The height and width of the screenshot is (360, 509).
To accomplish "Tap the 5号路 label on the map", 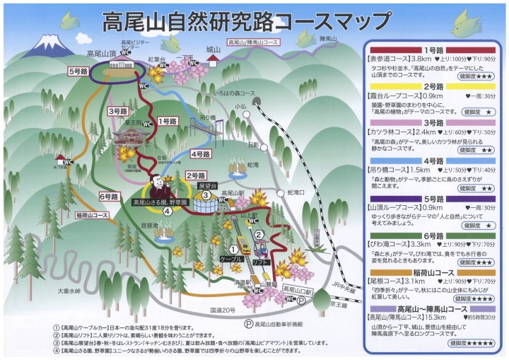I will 77,71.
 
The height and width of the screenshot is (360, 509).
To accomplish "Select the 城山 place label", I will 213,50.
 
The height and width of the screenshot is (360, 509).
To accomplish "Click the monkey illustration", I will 162,189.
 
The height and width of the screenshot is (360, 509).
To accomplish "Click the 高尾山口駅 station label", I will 296,290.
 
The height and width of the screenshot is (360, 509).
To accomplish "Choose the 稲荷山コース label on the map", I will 91,215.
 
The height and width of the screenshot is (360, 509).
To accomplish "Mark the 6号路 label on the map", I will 109,196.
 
